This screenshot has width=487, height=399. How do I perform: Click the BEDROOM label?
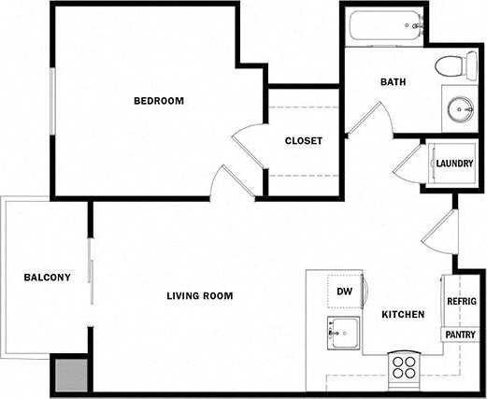pyautogui.click(x=158, y=101)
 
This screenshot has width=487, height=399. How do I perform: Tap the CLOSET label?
pyautogui.click(x=303, y=141)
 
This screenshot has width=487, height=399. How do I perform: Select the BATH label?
pyautogui.click(x=393, y=82)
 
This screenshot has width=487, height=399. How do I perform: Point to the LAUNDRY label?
pyautogui.click(x=453, y=164)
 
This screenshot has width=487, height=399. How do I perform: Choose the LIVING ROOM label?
pyautogui.click(x=199, y=296)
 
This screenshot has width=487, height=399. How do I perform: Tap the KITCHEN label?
pyautogui.click(x=403, y=315)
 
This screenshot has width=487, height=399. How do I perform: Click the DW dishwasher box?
pyautogui.click(x=345, y=292)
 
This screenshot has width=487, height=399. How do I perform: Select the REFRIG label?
pyautogui.click(x=462, y=301)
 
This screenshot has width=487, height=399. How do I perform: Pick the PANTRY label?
pyautogui.click(x=460, y=335)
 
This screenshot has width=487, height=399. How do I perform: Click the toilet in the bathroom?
pyautogui.click(x=451, y=66)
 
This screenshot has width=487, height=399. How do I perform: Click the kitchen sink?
pyautogui.click(x=344, y=331)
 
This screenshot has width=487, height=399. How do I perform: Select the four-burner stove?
pyautogui.click(x=404, y=365)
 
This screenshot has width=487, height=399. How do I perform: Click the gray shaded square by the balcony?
pyautogui.click(x=71, y=375)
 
